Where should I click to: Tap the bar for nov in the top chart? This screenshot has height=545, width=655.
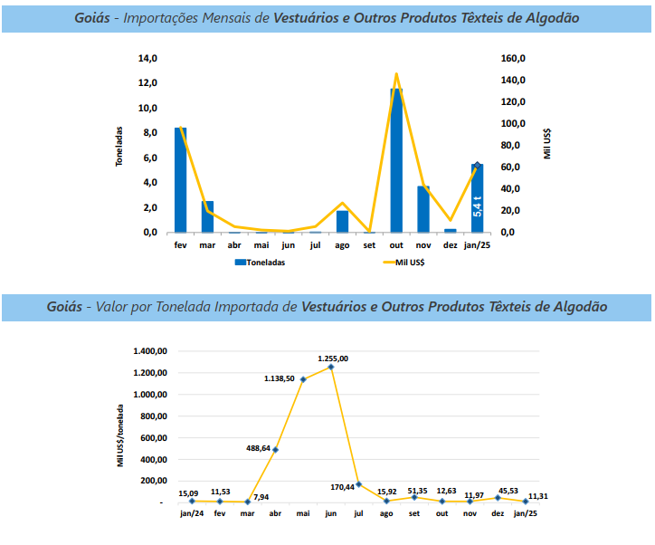tap(422, 208)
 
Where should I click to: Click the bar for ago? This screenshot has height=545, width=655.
tap(342, 221)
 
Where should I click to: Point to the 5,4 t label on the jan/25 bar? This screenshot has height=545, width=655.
tap(478, 205)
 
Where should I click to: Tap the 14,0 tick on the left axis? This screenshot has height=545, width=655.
tap(147, 58)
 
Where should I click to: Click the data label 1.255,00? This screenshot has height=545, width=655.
tap(332, 359)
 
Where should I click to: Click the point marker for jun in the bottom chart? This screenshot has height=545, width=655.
tap(331, 368)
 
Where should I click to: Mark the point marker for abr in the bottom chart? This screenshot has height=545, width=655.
tap(275, 449)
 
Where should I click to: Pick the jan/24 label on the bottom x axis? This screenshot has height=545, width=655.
tap(192, 514)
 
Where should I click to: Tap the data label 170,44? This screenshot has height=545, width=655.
tap(343, 487)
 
